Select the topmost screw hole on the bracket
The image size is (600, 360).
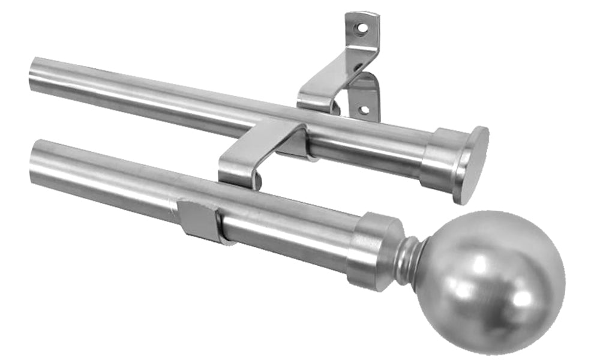361,28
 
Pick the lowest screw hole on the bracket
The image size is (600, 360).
362,109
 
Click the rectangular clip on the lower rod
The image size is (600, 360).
198,220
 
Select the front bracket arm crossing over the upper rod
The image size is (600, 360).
264,141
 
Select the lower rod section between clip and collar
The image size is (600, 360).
288,231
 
